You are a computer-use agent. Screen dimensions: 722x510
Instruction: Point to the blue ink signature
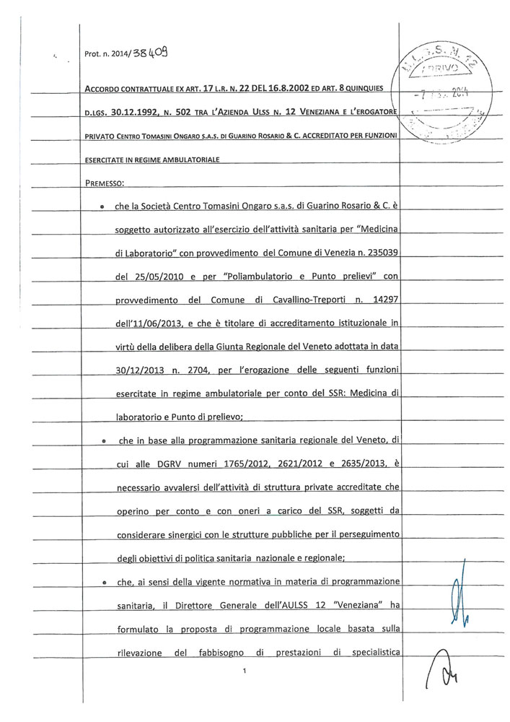460,593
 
